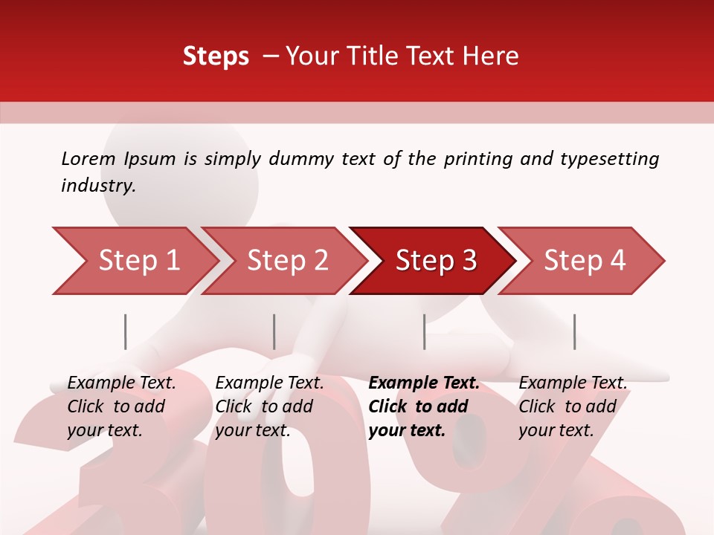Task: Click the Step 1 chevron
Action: pos(134,261)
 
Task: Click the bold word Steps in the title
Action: pos(216,56)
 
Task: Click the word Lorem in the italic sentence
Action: pos(89,158)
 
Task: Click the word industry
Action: pos(97,186)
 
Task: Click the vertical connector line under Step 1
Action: pos(125,331)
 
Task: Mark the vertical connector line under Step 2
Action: pos(274,331)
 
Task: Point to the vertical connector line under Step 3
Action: pos(424,331)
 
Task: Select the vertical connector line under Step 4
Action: pos(574,331)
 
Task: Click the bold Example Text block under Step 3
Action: pos(423,406)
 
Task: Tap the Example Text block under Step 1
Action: pos(120,406)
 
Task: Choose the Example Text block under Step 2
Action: pos(268,406)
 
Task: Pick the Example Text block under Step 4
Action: pos(572,406)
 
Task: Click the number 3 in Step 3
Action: pos(468,261)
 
